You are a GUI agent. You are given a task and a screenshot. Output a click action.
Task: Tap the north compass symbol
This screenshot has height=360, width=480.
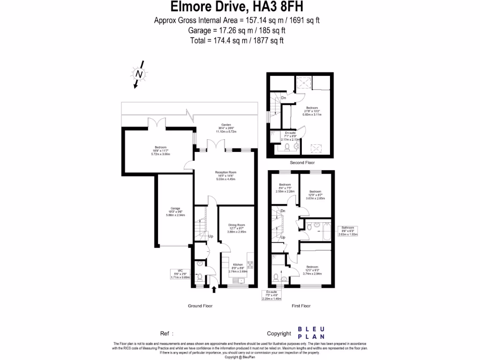tap(138, 75)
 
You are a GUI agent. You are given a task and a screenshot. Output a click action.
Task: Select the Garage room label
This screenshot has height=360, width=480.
tap(175, 211)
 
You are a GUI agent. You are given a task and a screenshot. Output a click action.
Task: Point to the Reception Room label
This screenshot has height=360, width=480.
tap(225, 175)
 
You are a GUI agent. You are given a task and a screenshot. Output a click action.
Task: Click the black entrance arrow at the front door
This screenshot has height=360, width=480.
tap(214, 290)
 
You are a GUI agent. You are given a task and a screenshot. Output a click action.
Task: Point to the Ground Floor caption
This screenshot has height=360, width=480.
tap(200, 306)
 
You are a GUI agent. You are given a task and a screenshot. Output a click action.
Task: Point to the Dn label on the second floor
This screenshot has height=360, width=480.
tap(284, 98)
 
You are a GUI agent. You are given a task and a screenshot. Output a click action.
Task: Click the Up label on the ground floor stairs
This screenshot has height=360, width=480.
tap(210, 236)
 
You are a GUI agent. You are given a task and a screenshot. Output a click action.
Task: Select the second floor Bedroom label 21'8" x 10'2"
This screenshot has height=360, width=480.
tap(313, 111)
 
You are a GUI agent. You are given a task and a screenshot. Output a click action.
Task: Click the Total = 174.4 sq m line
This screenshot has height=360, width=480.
tap(237, 41)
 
